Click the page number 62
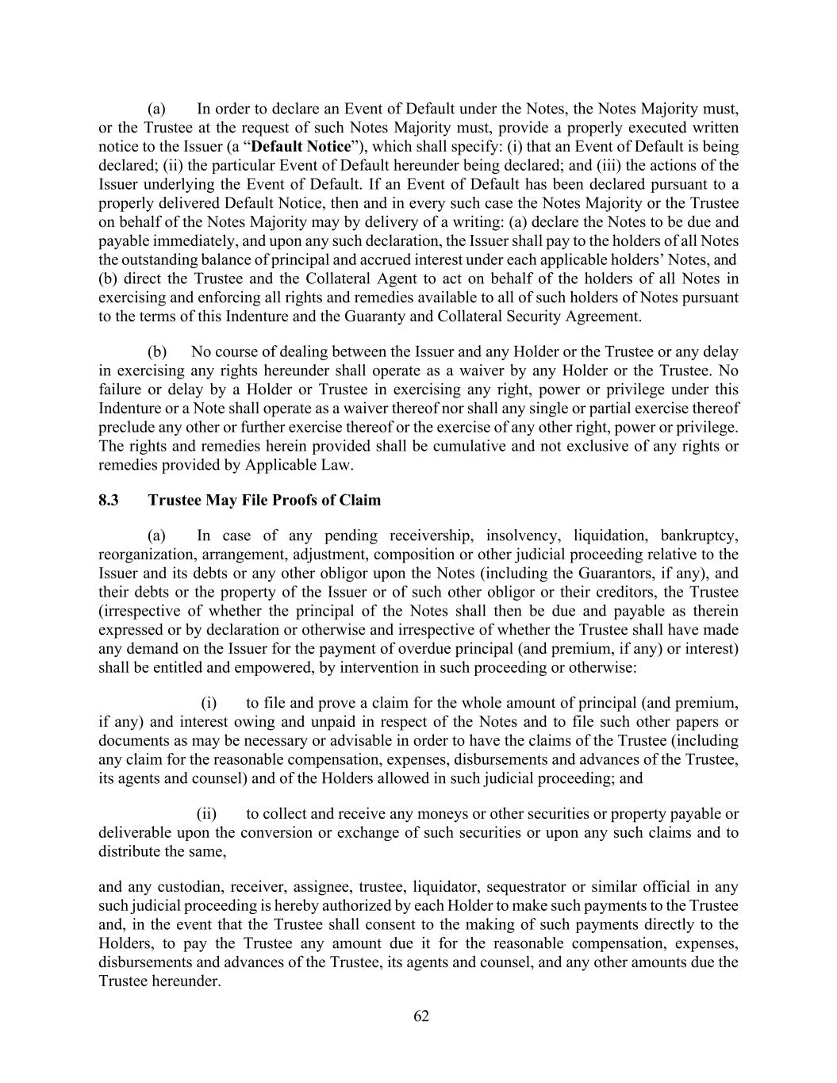420,1016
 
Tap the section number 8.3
109,501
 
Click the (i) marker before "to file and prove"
209,703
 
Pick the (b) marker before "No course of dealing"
157,352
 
